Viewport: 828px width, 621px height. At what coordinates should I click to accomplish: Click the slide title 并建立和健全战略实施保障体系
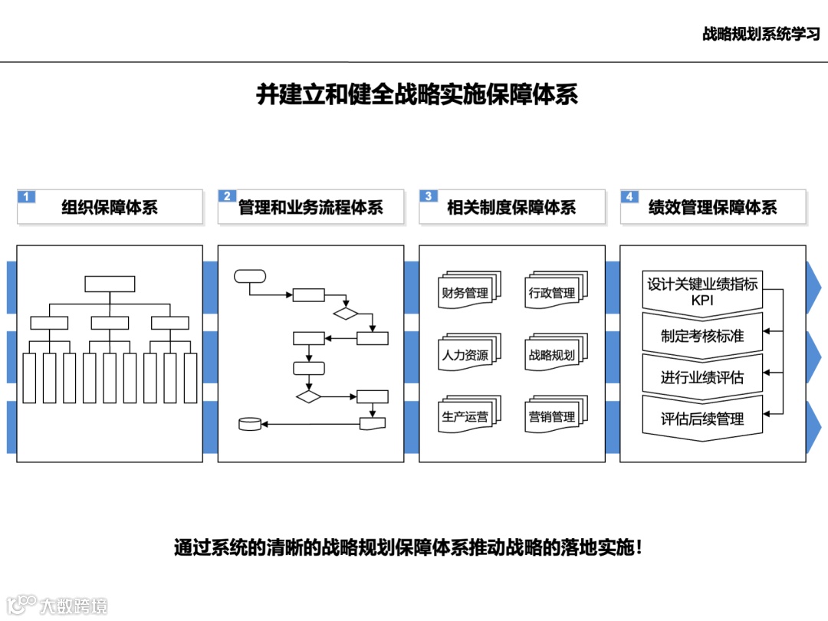click(x=416, y=95)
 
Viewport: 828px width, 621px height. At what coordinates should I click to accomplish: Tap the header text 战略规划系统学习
click(x=761, y=34)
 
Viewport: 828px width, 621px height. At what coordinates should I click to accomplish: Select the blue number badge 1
click(x=26, y=196)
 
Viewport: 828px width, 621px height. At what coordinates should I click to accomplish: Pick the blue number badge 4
click(x=629, y=196)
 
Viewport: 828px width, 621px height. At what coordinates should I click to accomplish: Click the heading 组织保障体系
click(x=110, y=208)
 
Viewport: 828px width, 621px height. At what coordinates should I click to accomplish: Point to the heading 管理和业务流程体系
click(x=310, y=208)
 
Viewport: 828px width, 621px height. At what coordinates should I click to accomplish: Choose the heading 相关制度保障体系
click(x=511, y=208)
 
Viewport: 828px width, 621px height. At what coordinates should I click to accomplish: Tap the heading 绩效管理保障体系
click(x=712, y=208)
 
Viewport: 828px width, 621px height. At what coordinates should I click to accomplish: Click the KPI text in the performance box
click(x=702, y=301)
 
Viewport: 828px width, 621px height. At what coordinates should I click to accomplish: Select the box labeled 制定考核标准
click(x=702, y=336)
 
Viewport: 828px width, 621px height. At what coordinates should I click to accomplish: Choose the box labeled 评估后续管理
click(x=702, y=419)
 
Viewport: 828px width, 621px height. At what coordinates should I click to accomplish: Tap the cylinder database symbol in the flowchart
click(x=250, y=424)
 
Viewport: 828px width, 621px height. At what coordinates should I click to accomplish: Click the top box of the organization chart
click(x=110, y=284)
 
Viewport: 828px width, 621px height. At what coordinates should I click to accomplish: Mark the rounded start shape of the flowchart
click(x=250, y=276)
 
